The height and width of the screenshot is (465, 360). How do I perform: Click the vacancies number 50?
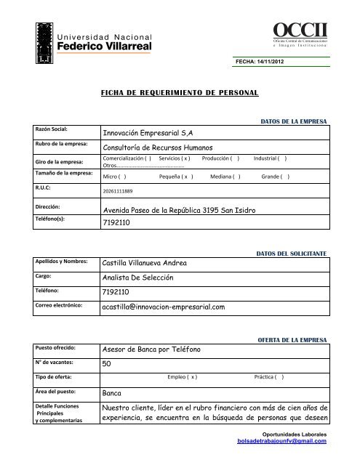pyautogui.click(x=107, y=363)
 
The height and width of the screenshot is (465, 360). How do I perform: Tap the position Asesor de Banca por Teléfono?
pyautogui.click(x=156, y=349)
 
